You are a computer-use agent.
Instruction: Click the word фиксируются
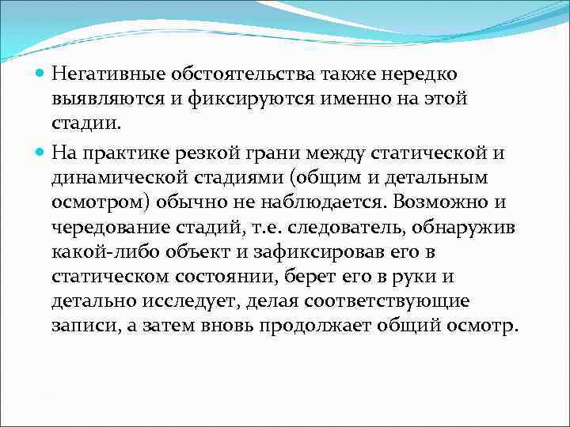coord(240,100)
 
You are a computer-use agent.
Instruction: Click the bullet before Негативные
coord(40,74)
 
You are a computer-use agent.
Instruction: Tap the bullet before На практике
coord(40,150)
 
